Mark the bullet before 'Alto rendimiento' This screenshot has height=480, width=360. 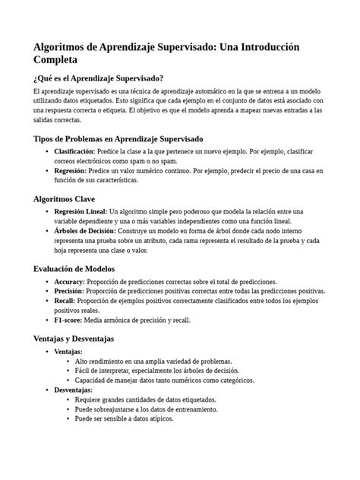tap(69, 361)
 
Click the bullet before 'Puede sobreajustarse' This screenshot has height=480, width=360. tap(69, 409)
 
